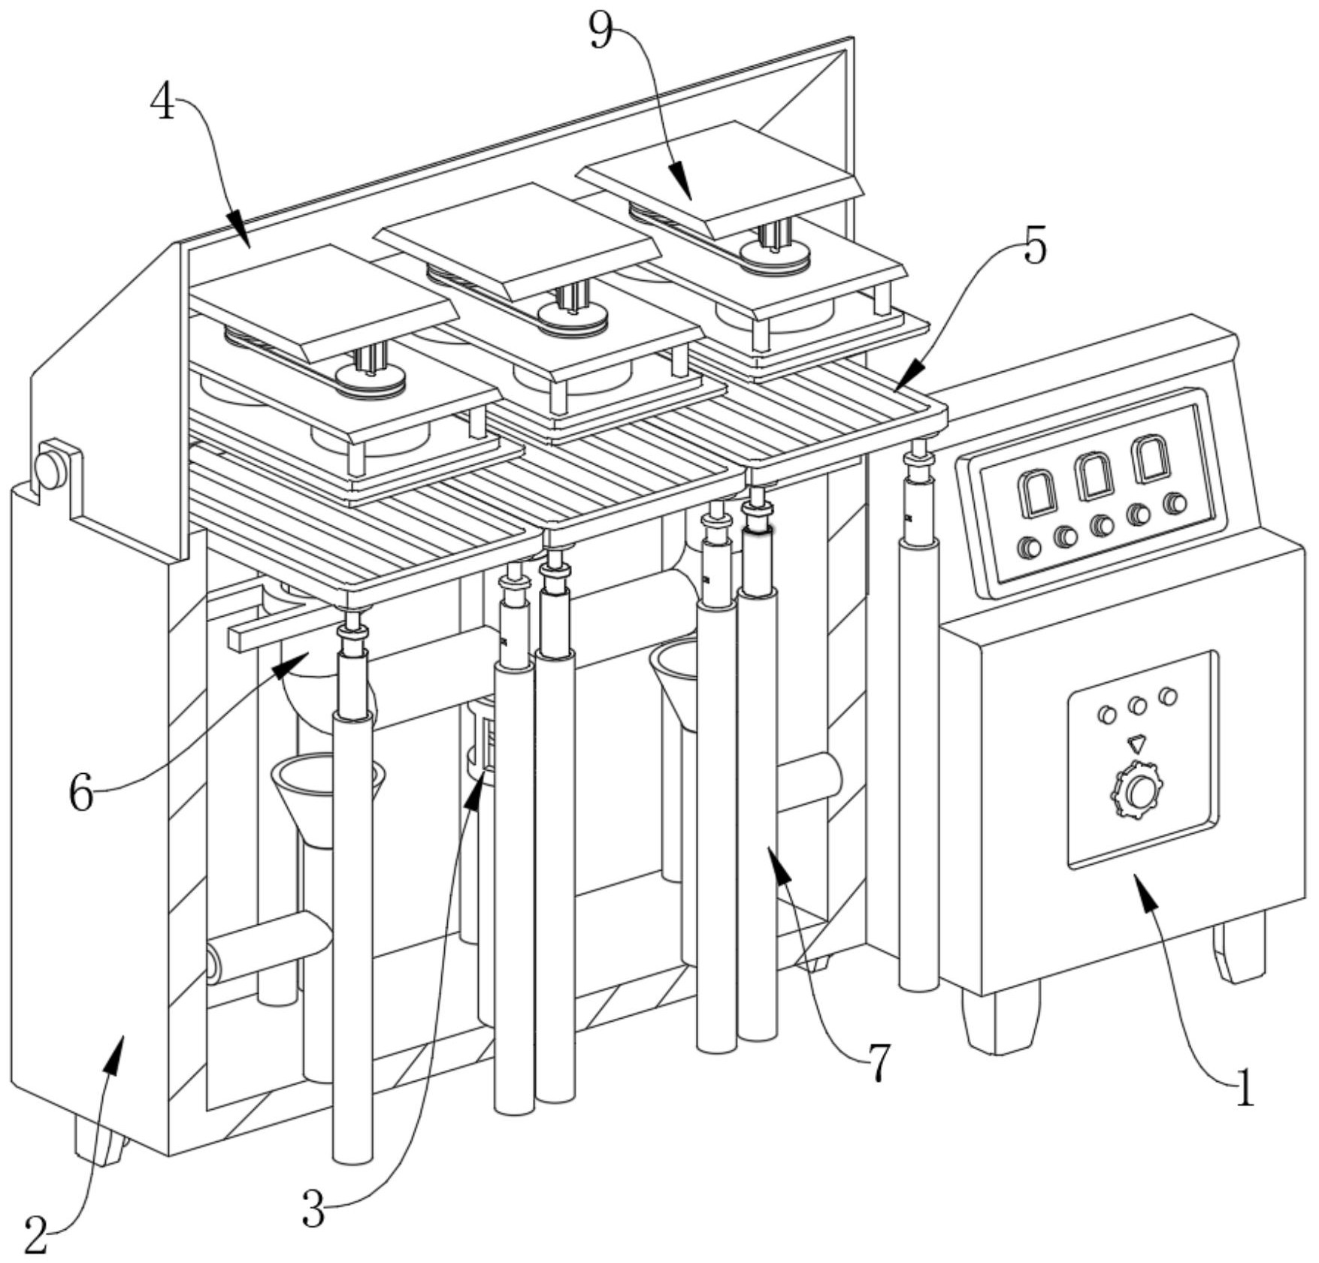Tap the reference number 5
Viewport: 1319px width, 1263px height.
click(1035, 245)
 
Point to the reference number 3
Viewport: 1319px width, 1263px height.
click(313, 1208)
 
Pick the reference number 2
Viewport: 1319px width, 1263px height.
click(35, 1234)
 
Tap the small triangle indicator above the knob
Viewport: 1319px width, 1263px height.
click(1136, 744)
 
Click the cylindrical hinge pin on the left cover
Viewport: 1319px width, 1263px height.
click(51, 469)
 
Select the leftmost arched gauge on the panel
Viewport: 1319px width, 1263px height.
click(1038, 493)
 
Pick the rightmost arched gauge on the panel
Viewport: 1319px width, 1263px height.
click(1151, 459)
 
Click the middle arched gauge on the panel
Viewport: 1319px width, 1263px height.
click(1094, 476)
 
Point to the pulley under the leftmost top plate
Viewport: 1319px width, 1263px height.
click(370, 380)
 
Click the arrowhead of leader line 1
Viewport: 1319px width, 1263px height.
click(1145, 887)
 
